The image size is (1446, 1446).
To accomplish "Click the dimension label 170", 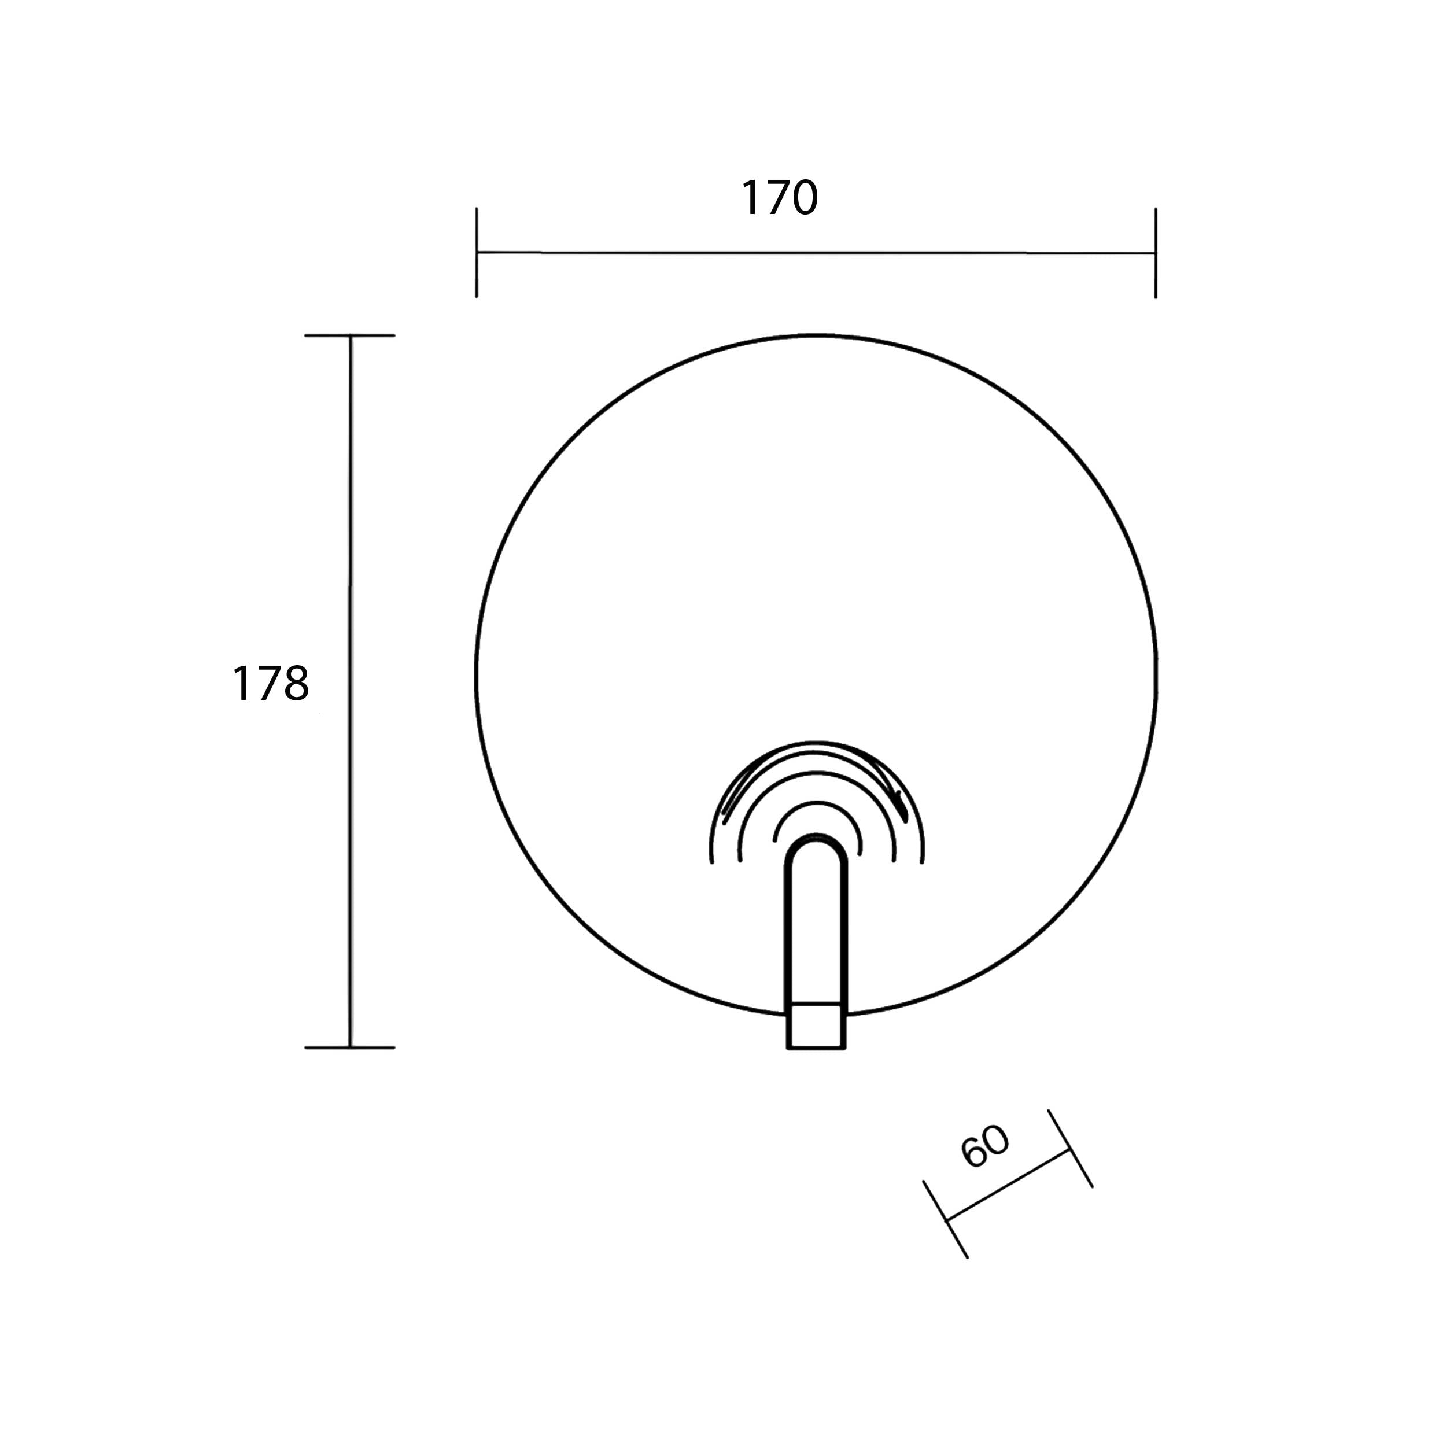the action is pyautogui.click(x=779, y=198).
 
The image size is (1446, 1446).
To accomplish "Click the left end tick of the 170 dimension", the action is pyautogui.click(x=477, y=253).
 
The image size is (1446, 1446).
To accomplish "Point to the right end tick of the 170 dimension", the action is pyautogui.click(x=1156, y=253).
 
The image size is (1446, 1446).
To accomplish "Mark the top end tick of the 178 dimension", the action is pyautogui.click(x=349, y=335).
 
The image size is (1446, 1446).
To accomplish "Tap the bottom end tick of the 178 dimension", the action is pyautogui.click(x=349, y=1047).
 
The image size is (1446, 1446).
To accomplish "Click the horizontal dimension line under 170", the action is pyautogui.click(x=816, y=253).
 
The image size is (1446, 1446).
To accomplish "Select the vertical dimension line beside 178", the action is pyautogui.click(x=349, y=691).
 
